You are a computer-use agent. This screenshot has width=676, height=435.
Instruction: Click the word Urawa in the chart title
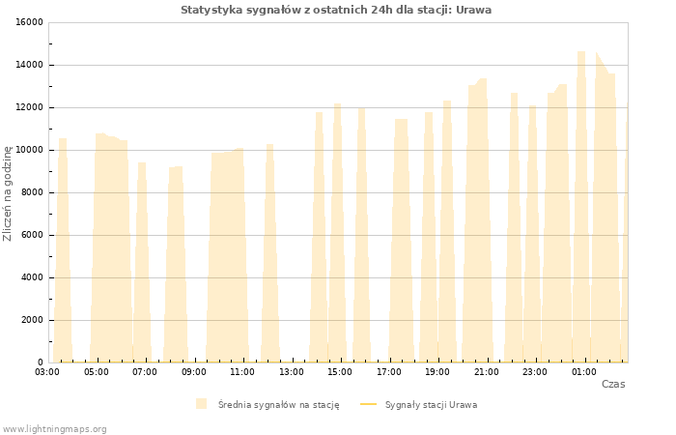[473, 10]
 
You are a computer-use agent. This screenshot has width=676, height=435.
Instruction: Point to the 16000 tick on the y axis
[29, 22]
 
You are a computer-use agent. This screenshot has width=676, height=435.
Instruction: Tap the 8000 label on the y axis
[32, 192]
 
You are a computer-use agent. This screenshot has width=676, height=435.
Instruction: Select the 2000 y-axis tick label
[32, 320]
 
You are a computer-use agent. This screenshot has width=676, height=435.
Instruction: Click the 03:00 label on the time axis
[47, 372]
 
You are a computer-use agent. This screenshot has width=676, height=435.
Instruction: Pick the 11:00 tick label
[242, 372]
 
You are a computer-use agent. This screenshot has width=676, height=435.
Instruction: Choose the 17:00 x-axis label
[389, 372]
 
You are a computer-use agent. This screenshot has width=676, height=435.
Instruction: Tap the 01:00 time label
[584, 372]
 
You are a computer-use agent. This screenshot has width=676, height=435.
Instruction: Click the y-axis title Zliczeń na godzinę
[8, 193]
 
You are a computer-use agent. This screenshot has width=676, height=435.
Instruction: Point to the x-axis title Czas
[613, 384]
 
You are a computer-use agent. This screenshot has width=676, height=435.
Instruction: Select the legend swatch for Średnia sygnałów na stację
[201, 404]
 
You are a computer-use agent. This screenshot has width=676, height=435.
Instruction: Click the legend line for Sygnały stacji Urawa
[368, 404]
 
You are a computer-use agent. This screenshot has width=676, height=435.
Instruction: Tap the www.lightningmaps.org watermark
[54, 429]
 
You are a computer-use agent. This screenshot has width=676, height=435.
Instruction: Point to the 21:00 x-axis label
[487, 372]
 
